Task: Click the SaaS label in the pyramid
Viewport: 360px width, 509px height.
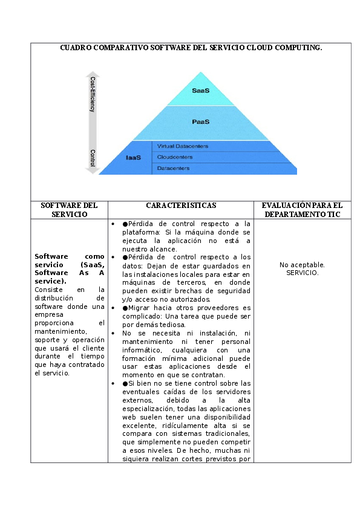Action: (x=200, y=91)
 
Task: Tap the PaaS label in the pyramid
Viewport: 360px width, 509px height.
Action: (x=200, y=122)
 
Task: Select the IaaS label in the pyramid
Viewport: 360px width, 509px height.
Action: (x=133, y=158)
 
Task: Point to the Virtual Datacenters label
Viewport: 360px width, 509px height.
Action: (x=183, y=146)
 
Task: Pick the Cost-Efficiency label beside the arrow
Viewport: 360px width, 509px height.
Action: (x=93, y=94)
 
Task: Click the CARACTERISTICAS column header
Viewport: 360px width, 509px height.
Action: (x=181, y=206)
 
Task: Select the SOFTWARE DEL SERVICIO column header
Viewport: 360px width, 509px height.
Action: (x=69, y=210)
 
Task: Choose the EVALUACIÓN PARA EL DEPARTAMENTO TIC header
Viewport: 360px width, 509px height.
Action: (x=302, y=210)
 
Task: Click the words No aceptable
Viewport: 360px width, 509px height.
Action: (x=302, y=265)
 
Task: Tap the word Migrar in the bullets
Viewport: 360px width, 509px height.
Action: (x=141, y=308)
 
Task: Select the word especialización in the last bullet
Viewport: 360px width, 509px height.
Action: (x=149, y=409)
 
